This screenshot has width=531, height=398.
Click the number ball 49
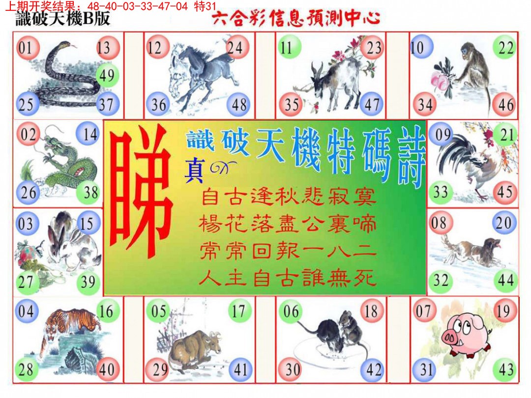pyautogui.click(x=106, y=76)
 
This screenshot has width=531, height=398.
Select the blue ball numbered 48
pyautogui.click(x=238, y=105)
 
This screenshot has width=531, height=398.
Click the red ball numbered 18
pyautogui.click(x=372, y=311)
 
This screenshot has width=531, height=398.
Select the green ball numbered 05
pyautogui.click(x=159, y=311)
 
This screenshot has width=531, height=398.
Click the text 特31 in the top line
pyautogui.click(x=205, y=6)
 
